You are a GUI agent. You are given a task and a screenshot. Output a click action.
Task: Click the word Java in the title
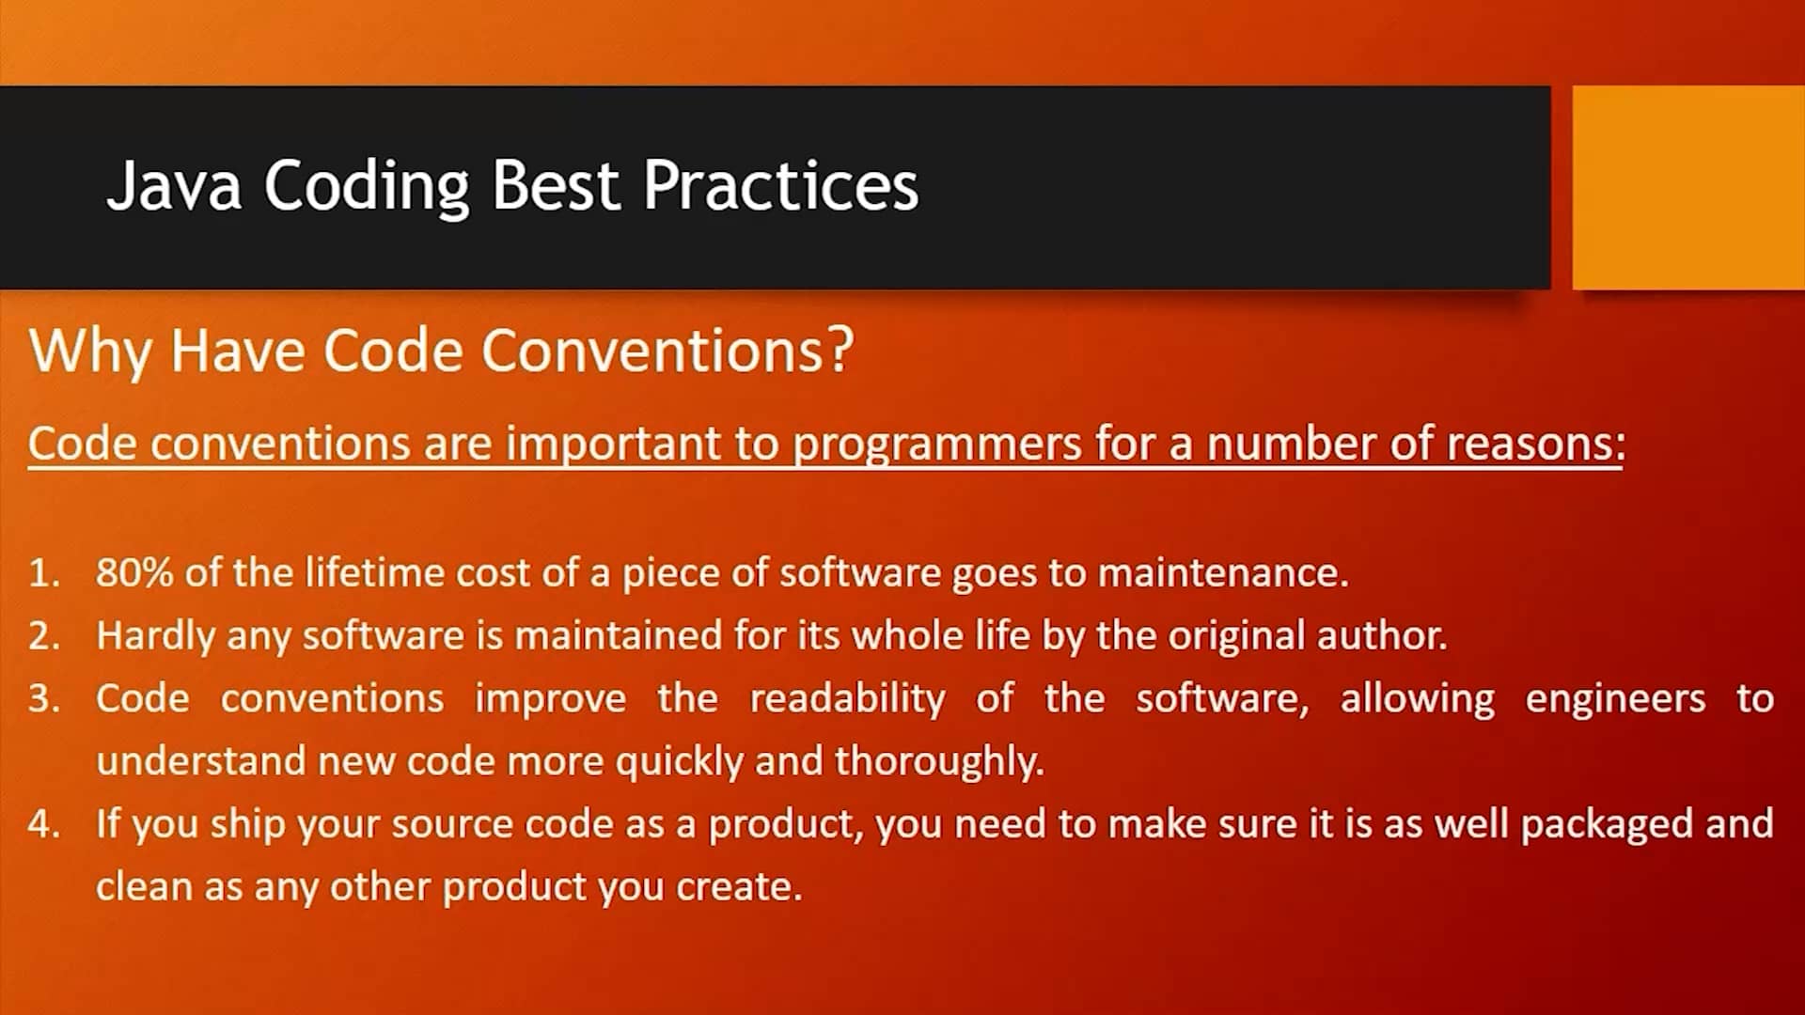click(174, 184)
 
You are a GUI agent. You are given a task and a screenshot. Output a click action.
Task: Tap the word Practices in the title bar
click(781, 184)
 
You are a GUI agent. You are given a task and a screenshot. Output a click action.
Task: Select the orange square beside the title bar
click(1688, 187)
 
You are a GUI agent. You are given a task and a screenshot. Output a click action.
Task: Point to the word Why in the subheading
click(90, 353)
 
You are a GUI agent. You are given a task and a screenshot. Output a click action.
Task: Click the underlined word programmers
click(937, 445)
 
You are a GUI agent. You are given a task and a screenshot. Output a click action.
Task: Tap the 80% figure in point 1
click(134, 572)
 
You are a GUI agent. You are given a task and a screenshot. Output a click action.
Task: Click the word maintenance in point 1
click(1223, 572)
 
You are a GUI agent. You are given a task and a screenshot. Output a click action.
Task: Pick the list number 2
click(44, 636)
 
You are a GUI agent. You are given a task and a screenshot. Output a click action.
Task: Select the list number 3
click(44, 699)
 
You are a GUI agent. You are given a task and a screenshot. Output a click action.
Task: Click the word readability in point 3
click(847, 699)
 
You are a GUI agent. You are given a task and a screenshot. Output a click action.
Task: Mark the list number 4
click(44, 824)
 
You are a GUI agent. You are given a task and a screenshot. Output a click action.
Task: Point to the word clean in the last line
click(144, 886)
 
